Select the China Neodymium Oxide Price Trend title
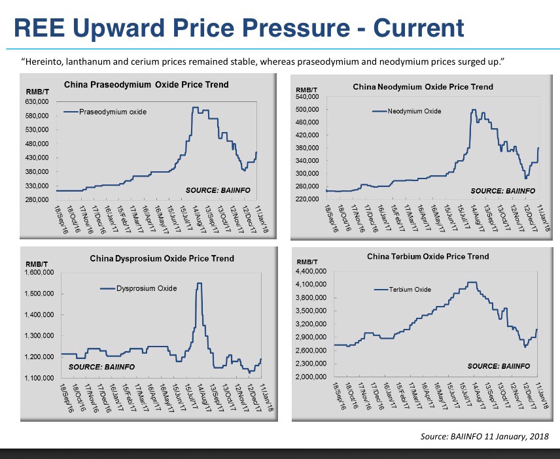tap(423, 86)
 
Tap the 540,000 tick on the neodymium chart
tap(307, 97)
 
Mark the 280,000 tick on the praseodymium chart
tap(38, 200)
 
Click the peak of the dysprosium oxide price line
tap(199, 283)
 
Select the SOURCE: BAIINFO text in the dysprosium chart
tap(101, 367)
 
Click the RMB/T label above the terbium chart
tap(307, 262)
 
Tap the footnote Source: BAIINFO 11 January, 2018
tap(485, 436)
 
